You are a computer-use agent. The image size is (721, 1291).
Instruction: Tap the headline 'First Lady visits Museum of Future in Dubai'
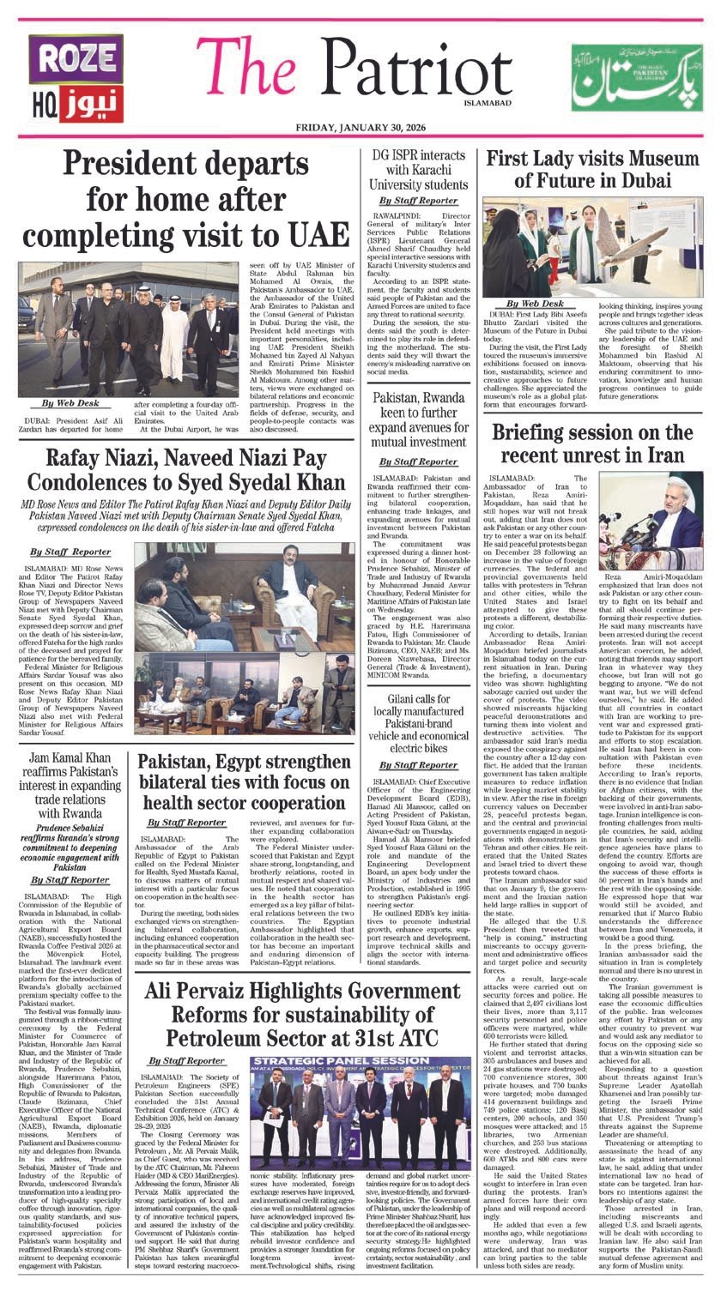(592, 171)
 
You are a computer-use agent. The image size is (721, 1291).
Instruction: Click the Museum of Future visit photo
(592, 246)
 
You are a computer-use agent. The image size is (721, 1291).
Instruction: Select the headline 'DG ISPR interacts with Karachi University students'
(418, 169)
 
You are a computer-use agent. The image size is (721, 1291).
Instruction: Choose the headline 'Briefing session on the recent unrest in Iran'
(592, 443)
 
